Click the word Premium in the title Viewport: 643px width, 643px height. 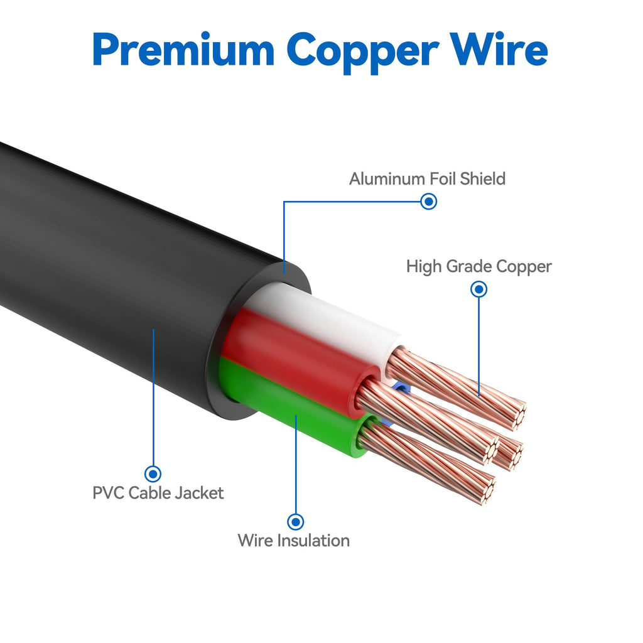pos(183,51)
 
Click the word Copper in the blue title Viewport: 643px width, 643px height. pos(362,53)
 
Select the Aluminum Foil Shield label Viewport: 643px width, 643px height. pos(427,179)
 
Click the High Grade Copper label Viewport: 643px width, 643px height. pos(478,266)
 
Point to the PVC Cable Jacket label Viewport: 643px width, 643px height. pos(158,493)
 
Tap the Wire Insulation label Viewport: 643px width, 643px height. pos(294,541)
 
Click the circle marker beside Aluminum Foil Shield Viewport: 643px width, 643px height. pos(429,202)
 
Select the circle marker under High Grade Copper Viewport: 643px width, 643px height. pos(478,289)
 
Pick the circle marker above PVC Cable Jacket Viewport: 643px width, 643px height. pos(153,474)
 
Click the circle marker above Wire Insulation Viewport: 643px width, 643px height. pos(295,522)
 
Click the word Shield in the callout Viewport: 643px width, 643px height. pos(482,179)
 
